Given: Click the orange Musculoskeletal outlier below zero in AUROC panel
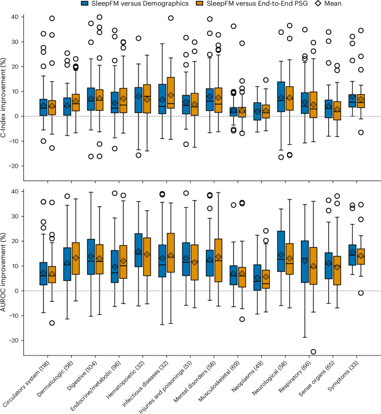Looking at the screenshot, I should click(242, 319).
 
